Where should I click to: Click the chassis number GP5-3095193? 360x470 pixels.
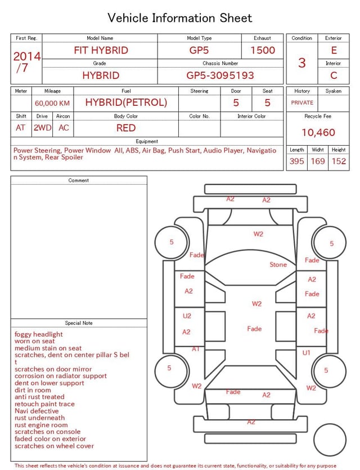pos(220,75)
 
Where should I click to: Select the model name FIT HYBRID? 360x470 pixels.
pos(101,50)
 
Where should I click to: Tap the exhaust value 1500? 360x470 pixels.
pos(263,50)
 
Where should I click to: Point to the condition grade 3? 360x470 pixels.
pos(302,62)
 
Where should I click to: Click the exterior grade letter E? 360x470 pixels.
pos(334,50)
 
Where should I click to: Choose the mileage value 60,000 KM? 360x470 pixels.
pos(52,103)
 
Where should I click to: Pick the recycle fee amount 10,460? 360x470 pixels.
pos(318,132)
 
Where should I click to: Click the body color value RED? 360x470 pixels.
pos(126,128)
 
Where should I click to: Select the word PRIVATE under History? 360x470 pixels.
pos(302,102)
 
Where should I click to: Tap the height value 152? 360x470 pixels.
pos(339,161)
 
